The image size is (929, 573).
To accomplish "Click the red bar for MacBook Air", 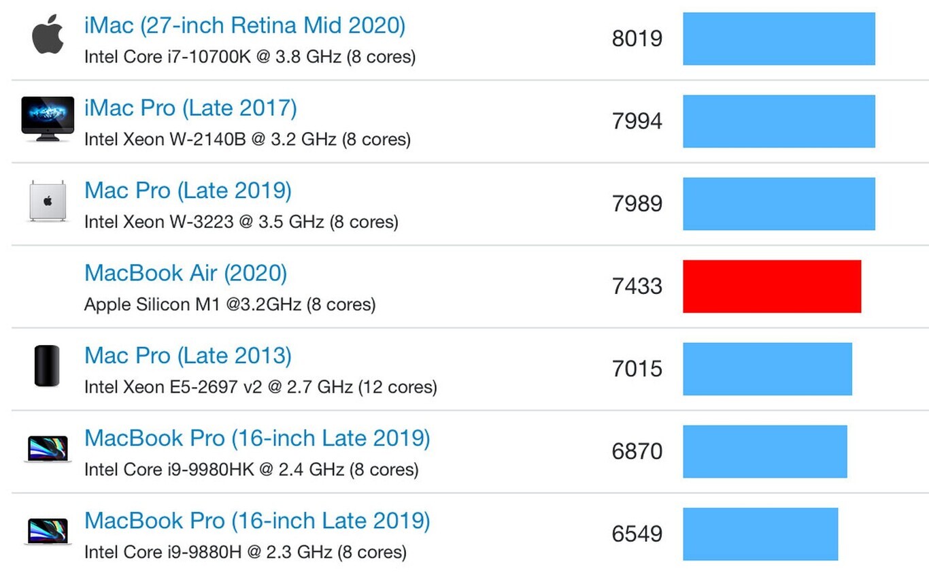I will [772, 286].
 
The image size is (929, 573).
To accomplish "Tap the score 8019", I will [637, 39].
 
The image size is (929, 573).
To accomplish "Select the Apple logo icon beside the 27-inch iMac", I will [48, 35].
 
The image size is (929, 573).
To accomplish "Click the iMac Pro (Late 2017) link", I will [190, 109].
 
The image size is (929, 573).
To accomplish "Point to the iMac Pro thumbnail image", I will [48, 118].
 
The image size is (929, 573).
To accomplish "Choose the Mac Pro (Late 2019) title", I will [188, 191].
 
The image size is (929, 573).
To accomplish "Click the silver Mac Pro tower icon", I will [48, 201].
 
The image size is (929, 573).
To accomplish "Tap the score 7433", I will [637, 286].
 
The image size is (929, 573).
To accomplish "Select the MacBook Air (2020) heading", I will [186, 274].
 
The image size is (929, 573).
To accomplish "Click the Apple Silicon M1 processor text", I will [229, 304].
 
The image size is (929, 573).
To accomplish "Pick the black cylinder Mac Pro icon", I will [47, 366].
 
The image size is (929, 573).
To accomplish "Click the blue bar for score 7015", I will [767, 369].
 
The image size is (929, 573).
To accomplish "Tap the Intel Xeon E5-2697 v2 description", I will [260, 387].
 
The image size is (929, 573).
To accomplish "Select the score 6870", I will [637, 451].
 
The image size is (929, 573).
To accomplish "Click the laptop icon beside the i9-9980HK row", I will [48, 449].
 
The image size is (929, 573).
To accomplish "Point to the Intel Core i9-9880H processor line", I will [245, 552].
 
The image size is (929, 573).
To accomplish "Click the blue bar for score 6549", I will [760, 534].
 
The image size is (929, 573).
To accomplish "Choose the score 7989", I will [637, 203].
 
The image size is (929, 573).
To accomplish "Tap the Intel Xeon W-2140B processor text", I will [247, 140].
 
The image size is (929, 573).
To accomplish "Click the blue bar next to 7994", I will [779, 121].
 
